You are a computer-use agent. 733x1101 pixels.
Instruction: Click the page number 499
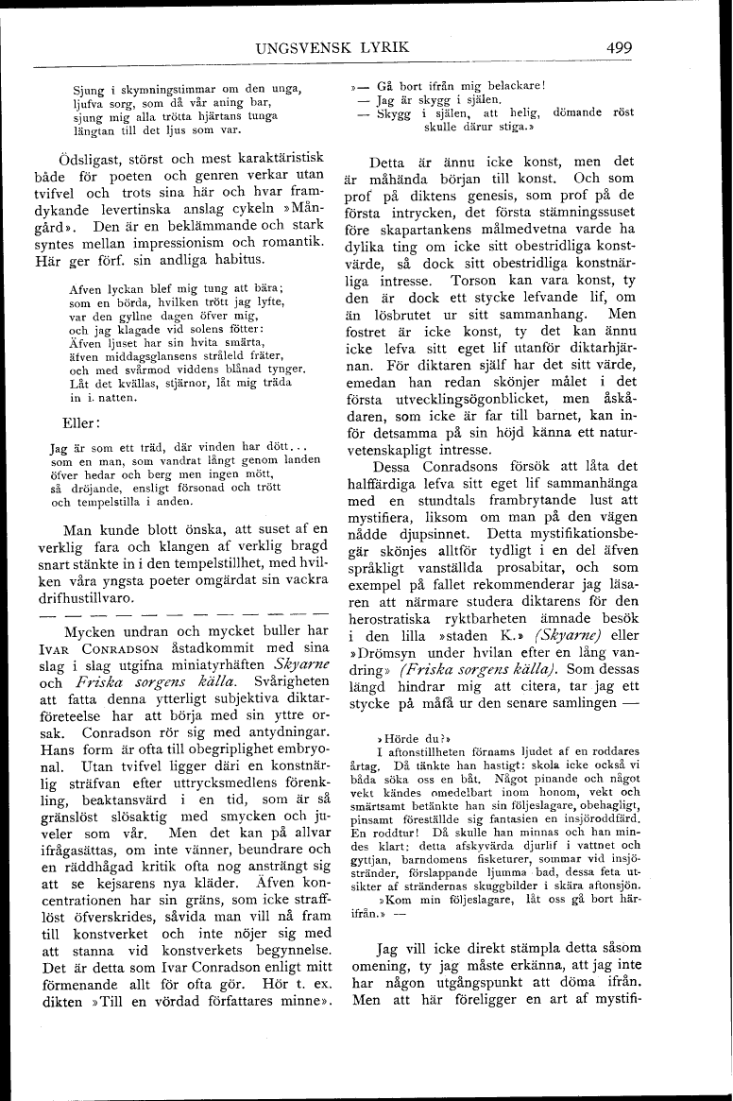pos(620,48)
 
